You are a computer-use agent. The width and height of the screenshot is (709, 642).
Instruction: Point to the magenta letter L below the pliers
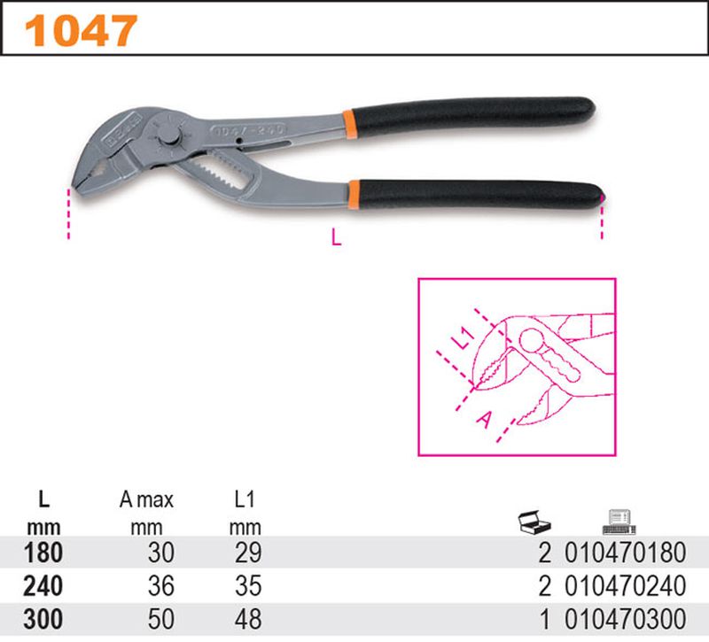tap(335, 236)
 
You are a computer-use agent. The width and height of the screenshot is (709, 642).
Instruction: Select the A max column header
tap(146, 500)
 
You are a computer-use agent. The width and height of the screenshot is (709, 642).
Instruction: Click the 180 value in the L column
tap(41, 554)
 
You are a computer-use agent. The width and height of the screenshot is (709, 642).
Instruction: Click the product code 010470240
tap(626, 585)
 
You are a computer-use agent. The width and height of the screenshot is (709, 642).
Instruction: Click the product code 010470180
tap(626, 554)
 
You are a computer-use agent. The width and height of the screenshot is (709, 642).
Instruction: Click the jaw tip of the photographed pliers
tap(73, 185)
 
